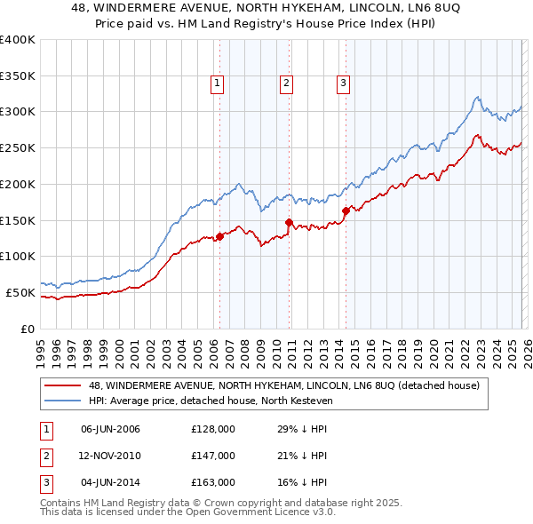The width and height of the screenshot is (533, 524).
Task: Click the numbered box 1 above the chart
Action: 218,84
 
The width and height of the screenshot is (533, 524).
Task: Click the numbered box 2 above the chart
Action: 287,84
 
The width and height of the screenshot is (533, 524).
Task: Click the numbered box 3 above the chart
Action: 343,84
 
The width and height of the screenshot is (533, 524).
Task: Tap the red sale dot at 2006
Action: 219,236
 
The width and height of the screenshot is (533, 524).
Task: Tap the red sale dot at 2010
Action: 289,222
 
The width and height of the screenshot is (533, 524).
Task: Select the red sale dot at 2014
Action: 345,210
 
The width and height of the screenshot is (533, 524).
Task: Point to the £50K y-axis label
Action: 20,292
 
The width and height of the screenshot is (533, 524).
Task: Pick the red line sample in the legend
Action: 63,385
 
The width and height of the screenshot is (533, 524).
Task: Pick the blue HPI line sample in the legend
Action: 63,401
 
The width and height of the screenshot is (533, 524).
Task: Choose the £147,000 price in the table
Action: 213,456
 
